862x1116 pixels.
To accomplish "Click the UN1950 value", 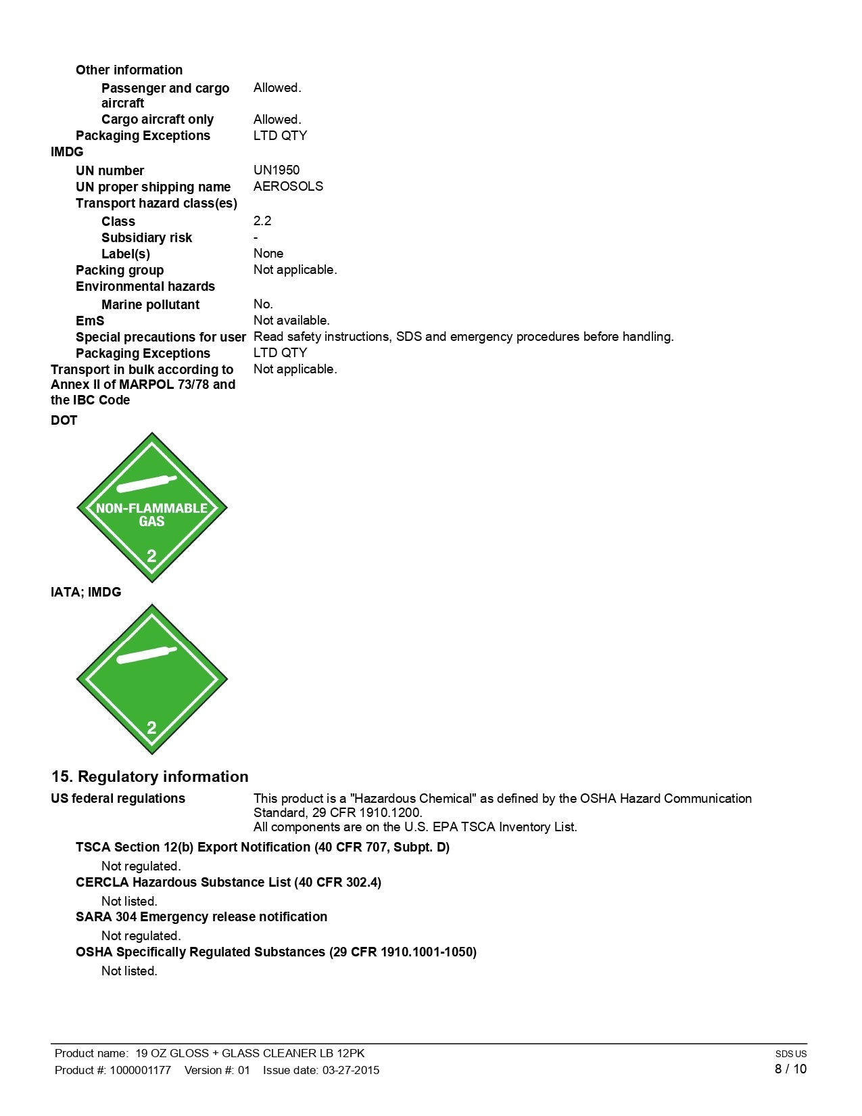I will coord(276,170).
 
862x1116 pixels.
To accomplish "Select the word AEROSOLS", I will coord(288,186).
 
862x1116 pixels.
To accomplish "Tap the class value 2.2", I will coord(262,220).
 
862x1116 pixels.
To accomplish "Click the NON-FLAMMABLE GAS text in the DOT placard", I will coord(151,514).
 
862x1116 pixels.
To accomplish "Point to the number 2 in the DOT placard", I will coord(151,556).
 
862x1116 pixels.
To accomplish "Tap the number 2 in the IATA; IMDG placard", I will coord(151,728).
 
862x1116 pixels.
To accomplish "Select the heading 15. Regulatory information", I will coord(149,776).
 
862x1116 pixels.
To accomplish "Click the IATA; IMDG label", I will coord(86,592).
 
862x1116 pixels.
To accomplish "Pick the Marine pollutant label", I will coord(150,304).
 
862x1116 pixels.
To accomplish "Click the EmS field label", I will coord(90,321).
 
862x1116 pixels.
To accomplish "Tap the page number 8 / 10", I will coord(790,1069).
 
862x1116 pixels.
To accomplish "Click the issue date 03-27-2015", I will coord(350,1070).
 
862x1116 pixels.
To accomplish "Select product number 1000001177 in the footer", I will coord(141,1070).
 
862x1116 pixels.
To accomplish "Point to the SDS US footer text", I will coord(790,1054).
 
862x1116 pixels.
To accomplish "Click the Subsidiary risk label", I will coord(147,237).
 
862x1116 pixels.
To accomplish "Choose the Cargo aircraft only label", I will coord(158,119).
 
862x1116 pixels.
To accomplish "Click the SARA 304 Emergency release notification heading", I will coord(201,916).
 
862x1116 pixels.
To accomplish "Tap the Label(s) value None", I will coord(268,253).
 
